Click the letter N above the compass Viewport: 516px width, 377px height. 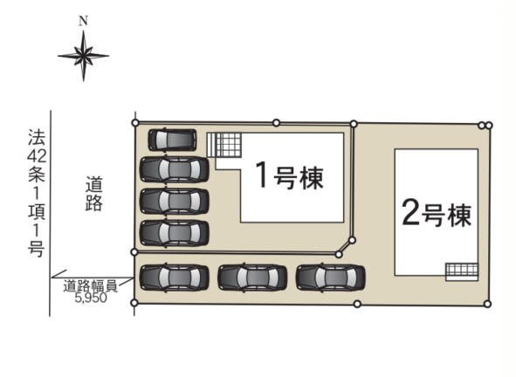pyautogui.click(x=83, y=22)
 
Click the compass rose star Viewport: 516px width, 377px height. pyautogui.click(x=83, y=56)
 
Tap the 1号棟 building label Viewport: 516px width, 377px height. pyautogui.click(x=290, y=175)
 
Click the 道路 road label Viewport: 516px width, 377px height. pyautogui.click(x=93, y=194)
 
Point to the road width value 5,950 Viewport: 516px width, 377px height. pyautogui.click(x=91, y=298)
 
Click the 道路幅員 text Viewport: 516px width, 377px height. pyautogui.click(x=90, y=286)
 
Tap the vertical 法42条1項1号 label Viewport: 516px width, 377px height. pyautogui.click(x=36, y=193)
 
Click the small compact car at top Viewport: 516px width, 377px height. pyautogui.click(x=172, y=141)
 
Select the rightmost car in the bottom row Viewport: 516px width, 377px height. pyautogui.click(x=330, y=278)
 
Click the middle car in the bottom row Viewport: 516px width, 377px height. pyautogui.click(x=252, y=278)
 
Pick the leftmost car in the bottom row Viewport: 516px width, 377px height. pyautogui.click(x=175, y=278)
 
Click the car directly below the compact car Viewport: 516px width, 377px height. pyautogui.click(x=175, y=169)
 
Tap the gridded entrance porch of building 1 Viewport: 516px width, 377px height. pyautogui.click(x=224, y=145)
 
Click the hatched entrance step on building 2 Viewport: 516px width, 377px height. pyautogui.click(x=462, y=271)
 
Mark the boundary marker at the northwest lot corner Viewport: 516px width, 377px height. pyautogui.click(x=135, y=123)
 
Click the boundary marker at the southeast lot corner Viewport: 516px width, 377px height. pyautogui.click(x=488, y=304)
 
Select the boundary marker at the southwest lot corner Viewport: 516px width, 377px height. pyautogui.click(x=134, y=303)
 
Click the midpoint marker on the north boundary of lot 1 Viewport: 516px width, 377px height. pyautogui.click(x=277, y=123)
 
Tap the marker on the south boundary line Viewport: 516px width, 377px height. pyautogui.click(x=357, y=304)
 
